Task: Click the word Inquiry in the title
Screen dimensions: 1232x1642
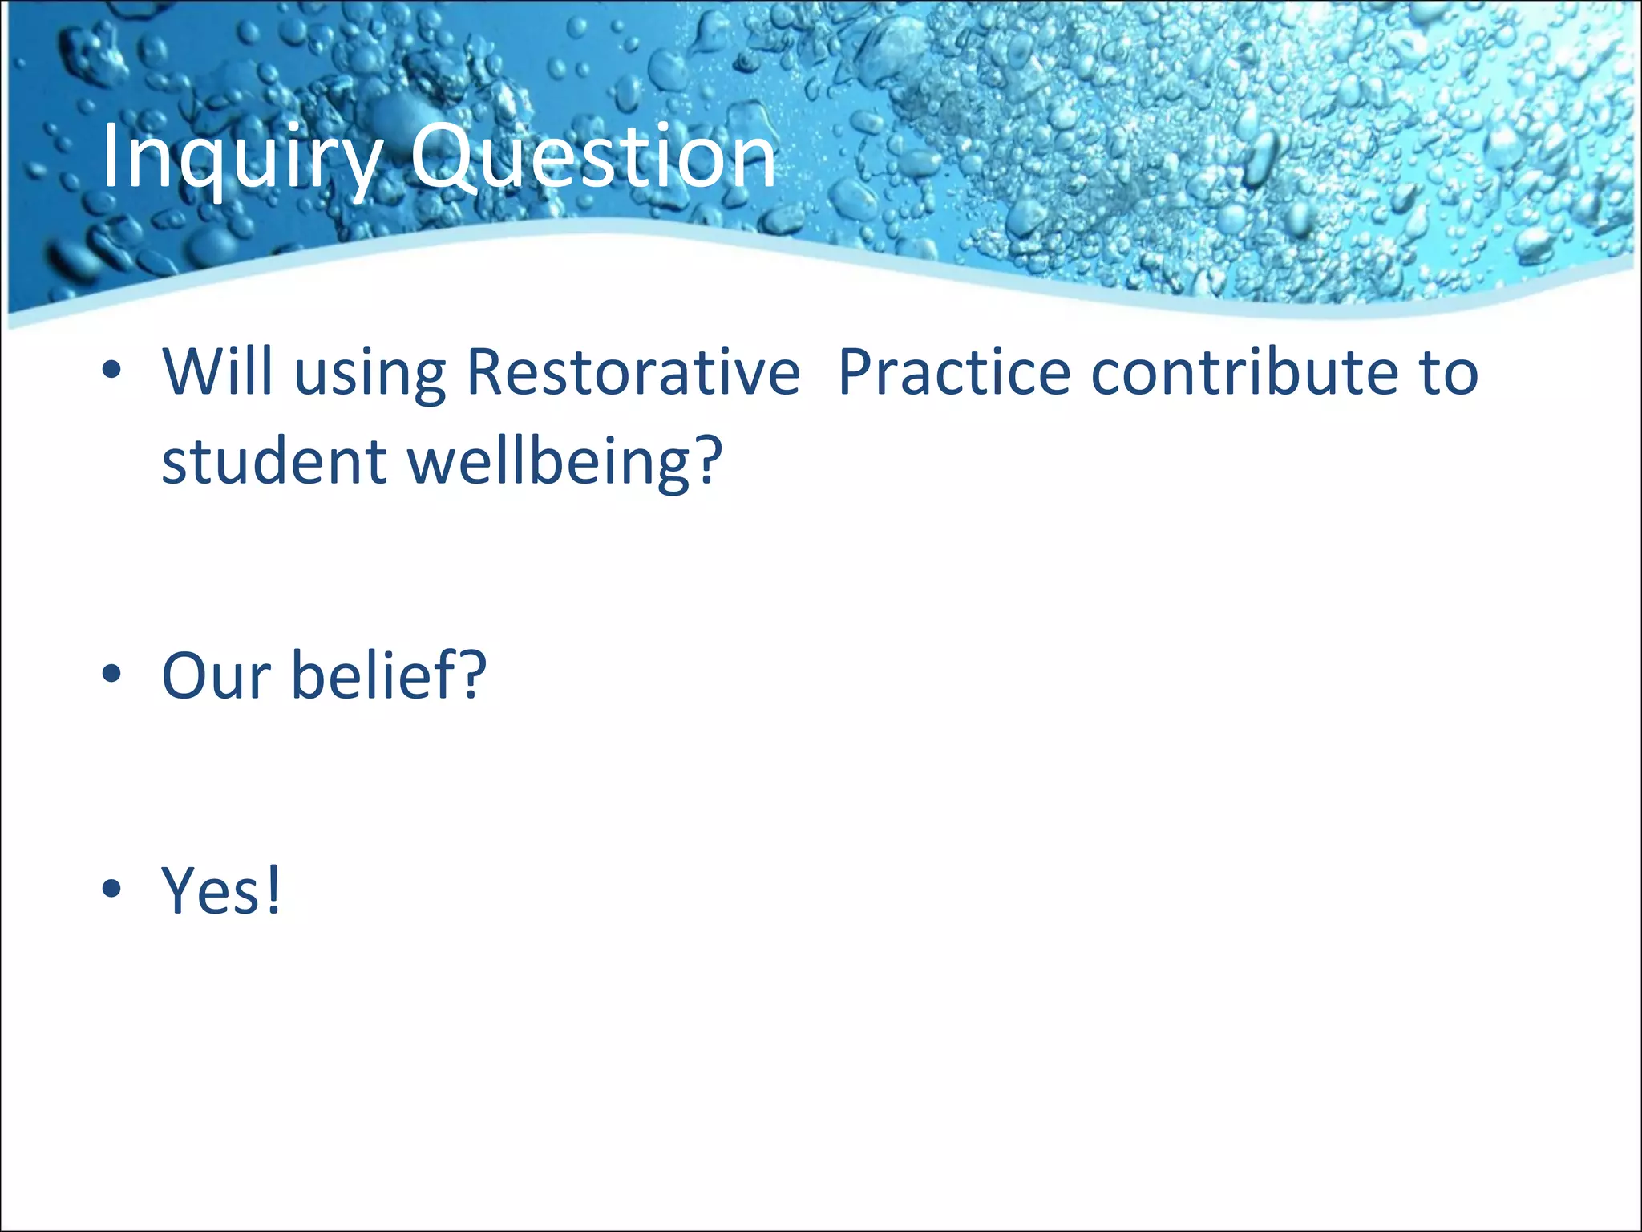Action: point(241,158)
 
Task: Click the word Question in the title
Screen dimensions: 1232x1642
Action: point(593,158)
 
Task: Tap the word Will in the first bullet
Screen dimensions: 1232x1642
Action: point(217,372)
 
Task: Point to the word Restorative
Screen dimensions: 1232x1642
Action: point(633,372)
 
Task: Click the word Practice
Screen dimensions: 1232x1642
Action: point(953,372)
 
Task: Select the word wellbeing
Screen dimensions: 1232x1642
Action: point(548,464)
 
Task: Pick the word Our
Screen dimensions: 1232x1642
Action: point(216,676)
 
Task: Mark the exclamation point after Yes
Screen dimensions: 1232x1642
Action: point(273,890)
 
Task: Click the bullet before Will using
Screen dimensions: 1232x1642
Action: point(111,371)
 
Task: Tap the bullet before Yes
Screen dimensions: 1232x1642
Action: point(111,889)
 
